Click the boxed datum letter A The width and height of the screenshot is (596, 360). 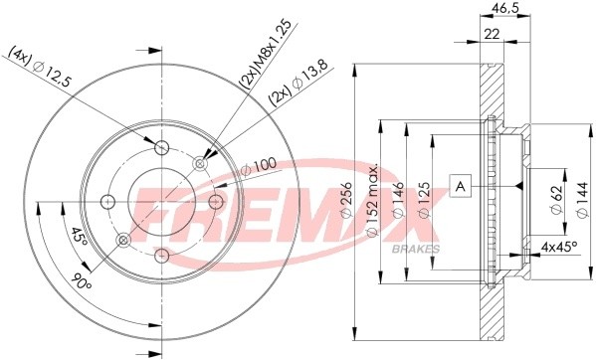pyautogui.click(x=461, y=184)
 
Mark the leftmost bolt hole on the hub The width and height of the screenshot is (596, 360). pyautogui.click(x=107, y=203)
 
